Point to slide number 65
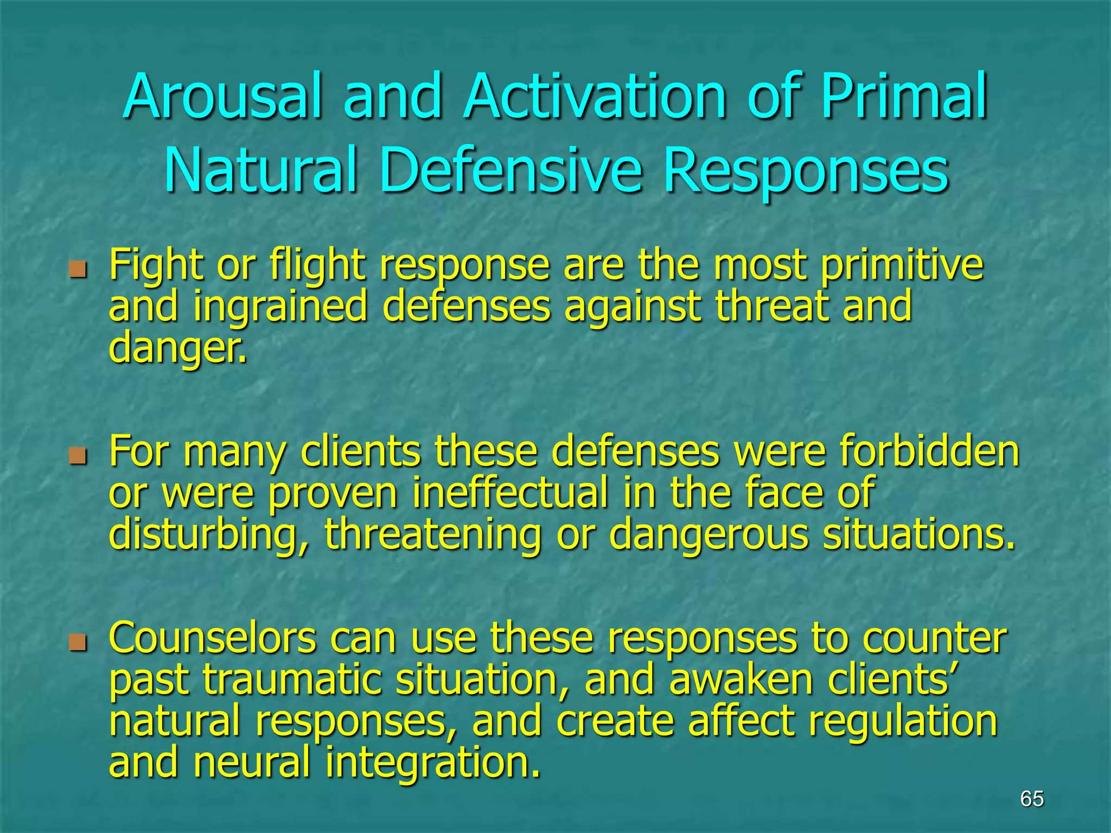(x=1032, y=799)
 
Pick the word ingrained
(x=280, y=307)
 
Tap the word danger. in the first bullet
(x=178, y=348)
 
